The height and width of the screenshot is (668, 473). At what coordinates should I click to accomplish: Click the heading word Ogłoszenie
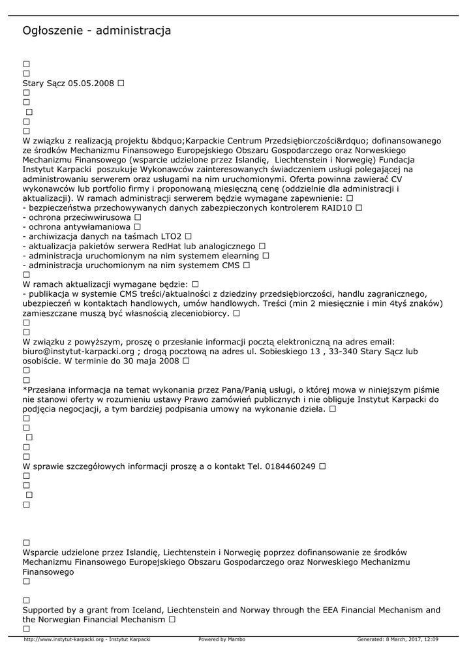pos(53,31)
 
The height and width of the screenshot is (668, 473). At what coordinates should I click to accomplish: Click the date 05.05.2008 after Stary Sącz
pos(91,83)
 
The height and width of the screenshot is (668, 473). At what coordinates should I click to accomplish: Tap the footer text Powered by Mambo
pos(222,639)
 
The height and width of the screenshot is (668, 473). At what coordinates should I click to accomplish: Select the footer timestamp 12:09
pos(430,639)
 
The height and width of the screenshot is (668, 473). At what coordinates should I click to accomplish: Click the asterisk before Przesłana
pos(24,389)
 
